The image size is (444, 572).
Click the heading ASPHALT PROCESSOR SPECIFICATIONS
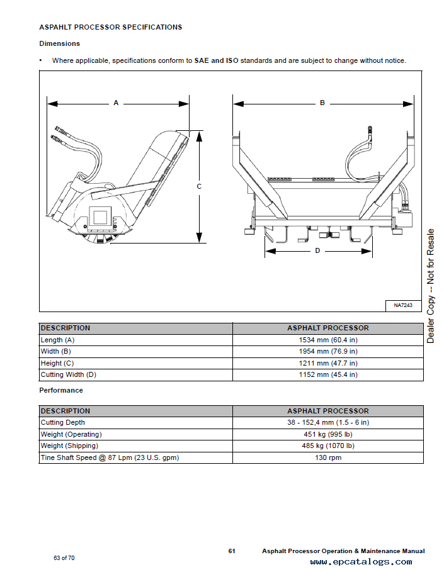pos(110,28)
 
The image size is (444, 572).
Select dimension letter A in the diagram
pos(116,103)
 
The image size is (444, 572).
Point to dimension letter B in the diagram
pos(322,103)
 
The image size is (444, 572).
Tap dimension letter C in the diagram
pos(199,186)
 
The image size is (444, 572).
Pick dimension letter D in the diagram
pos(317,250)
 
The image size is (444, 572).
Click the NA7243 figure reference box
pos(403,305)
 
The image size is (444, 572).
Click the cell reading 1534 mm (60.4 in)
pos(327,340)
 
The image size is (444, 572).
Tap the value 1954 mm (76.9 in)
pos(327,351)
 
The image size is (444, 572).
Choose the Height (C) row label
pos(57,363)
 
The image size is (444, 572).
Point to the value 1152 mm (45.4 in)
pos(327,374)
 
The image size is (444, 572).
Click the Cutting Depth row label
pos(62,422)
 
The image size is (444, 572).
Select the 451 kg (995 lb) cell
pos(327,434)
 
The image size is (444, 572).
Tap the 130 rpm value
pos(327,457)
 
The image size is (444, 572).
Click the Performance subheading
pos(61,390)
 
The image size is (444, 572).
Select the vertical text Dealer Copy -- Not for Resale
pos(431,286)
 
